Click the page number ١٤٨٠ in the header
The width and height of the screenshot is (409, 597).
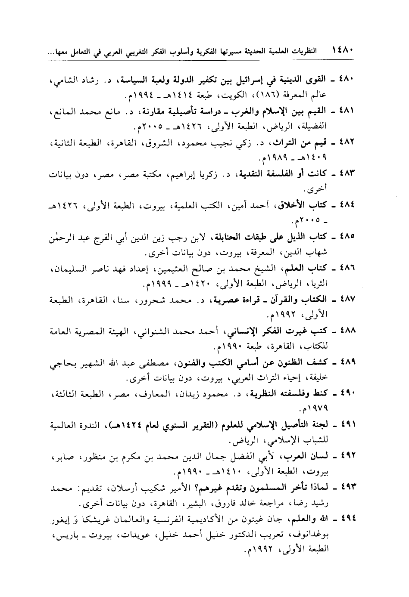(x=343, y=51)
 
